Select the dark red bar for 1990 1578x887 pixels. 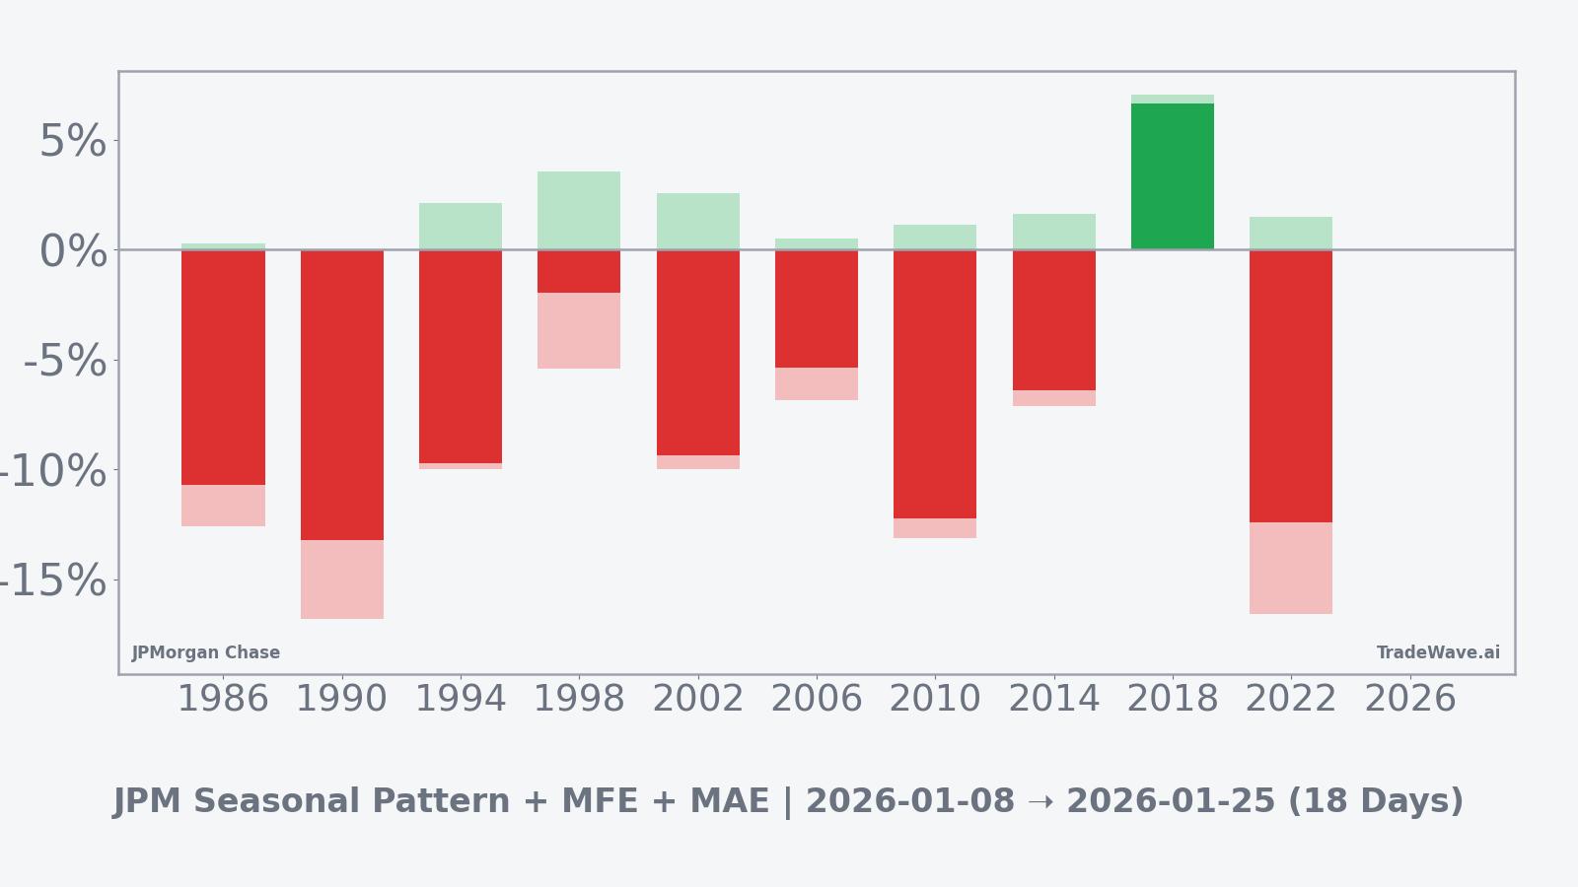[341, 394]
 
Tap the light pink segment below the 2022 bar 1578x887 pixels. [1290, 568]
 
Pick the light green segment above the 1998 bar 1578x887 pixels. [579, 210]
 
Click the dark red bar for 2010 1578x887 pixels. [934, 384]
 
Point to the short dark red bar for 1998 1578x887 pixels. [579, 271]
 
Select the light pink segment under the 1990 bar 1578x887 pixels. [341, 580]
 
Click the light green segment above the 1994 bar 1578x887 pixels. [461, 226]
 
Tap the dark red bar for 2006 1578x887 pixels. [816, 308]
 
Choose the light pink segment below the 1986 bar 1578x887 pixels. [223, 506]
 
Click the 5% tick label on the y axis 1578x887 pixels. [72, 141]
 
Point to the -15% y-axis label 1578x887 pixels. [51, 580]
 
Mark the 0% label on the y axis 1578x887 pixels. [72, 251]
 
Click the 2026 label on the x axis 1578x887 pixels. [1409, 699]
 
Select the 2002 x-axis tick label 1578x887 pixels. [697, 699]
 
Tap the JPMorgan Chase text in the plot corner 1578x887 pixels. [206, 652]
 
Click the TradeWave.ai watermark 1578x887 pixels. [1438, 652]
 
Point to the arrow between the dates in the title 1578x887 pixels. [1040, 802]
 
